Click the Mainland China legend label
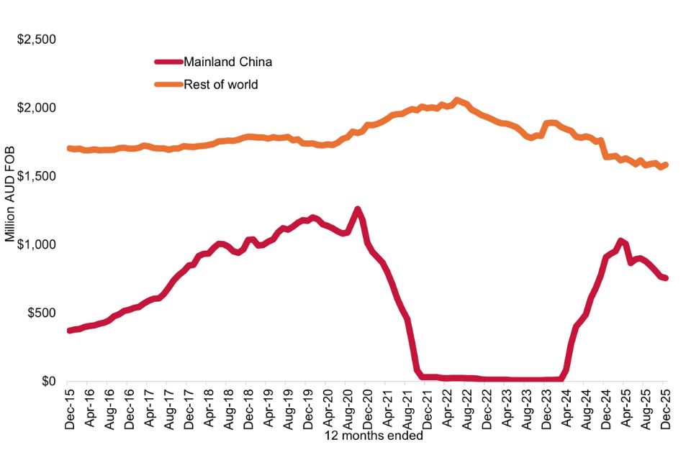click(227, 62)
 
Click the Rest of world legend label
click(221, 85)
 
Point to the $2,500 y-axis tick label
click(37, 40)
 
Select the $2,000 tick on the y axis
click(37, 108)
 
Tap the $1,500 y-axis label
click(37, 176)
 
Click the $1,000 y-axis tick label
click(37, 244)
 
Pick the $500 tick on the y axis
click(41, 313)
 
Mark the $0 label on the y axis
click(48, 382)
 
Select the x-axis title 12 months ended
click(363, 435)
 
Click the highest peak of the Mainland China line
click(358, 209)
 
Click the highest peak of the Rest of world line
click(456, 100)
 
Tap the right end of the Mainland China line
click(665, 278)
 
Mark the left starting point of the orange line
click(69, 148)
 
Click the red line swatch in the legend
click(168, 62)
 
